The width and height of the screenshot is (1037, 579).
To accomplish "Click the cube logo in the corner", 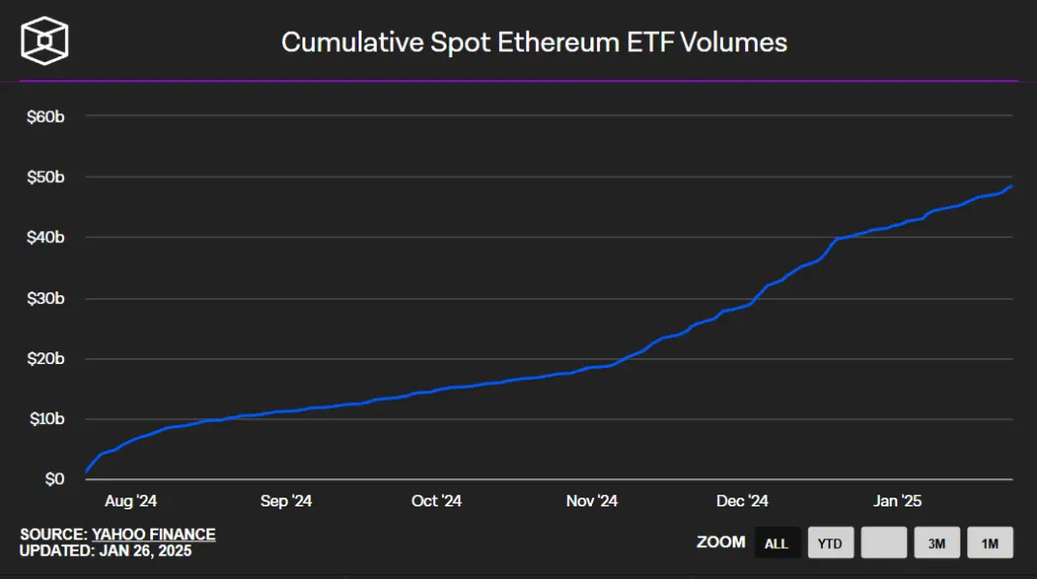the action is tap(45, 41).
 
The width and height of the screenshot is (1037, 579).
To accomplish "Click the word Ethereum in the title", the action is tap(559, 43).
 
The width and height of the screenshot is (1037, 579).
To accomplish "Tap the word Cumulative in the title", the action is tap(353, 43).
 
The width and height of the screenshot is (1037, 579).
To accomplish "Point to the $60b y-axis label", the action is tap(46, 117).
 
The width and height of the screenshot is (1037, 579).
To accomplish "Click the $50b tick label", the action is tap(46, 177).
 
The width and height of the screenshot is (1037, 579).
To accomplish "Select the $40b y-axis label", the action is tap(46, 237).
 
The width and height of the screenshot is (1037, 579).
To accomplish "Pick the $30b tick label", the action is tap(46, 298).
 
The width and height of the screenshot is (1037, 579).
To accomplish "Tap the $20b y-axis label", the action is tap(46, 358).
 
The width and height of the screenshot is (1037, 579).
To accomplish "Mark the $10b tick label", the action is tap(47, 418).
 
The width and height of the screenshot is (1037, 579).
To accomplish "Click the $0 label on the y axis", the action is tap(55, 478).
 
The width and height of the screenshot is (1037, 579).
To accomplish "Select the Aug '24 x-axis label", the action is tap(131, 501).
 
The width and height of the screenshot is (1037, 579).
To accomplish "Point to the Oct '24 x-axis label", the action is tap(436, 501).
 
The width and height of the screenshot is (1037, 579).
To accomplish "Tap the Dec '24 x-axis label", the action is tap(742, 501).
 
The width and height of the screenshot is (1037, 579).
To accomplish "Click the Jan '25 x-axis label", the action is tap(897, 501).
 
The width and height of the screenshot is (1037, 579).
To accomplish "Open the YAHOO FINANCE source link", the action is tap(153, 534).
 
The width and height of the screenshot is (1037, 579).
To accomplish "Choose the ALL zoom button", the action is tap(777, 542).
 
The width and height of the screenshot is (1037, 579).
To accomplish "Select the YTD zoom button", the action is tap(831, 542).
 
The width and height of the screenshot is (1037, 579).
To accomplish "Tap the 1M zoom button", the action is tap(990, 542).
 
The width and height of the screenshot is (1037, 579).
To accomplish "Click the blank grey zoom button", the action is tap(884, 542).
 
